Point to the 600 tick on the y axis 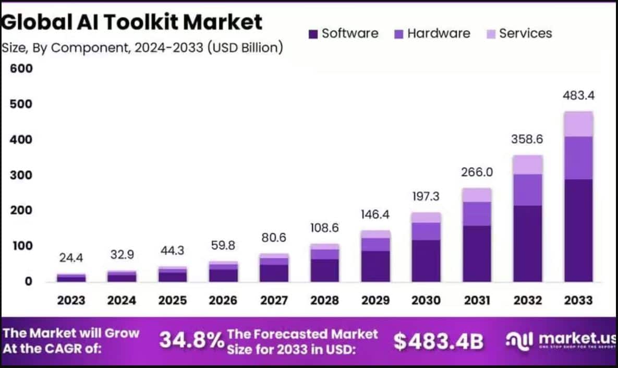[x=21, y=69]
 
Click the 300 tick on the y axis [x=21, y=175]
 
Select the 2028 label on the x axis [x=325, y=300]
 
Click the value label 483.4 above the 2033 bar [x=578, y=96]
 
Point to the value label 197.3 [x=426, y=196]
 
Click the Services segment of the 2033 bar [x=578, y=124]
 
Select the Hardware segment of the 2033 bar [x=578, y=158]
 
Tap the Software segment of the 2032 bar [x=528, y=243]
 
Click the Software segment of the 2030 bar [x=426, y=260]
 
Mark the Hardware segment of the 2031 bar [x=477, y=213]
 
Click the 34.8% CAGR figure [x=191, y=340]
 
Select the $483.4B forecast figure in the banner [x=438, y=341]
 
